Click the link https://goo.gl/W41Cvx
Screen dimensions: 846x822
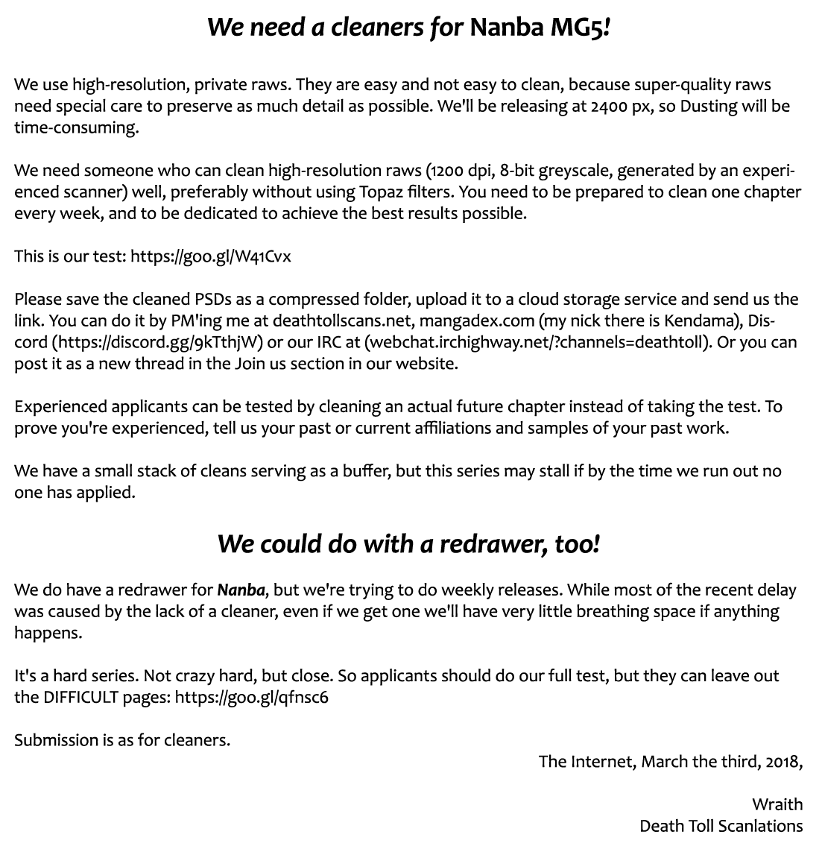click(211, 256)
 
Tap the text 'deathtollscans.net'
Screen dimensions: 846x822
click(337, 321)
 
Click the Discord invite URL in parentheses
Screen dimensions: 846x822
click(157, 343)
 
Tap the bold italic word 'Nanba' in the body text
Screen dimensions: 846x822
click(241, 590)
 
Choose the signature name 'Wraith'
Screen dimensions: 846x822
click(777, 804)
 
